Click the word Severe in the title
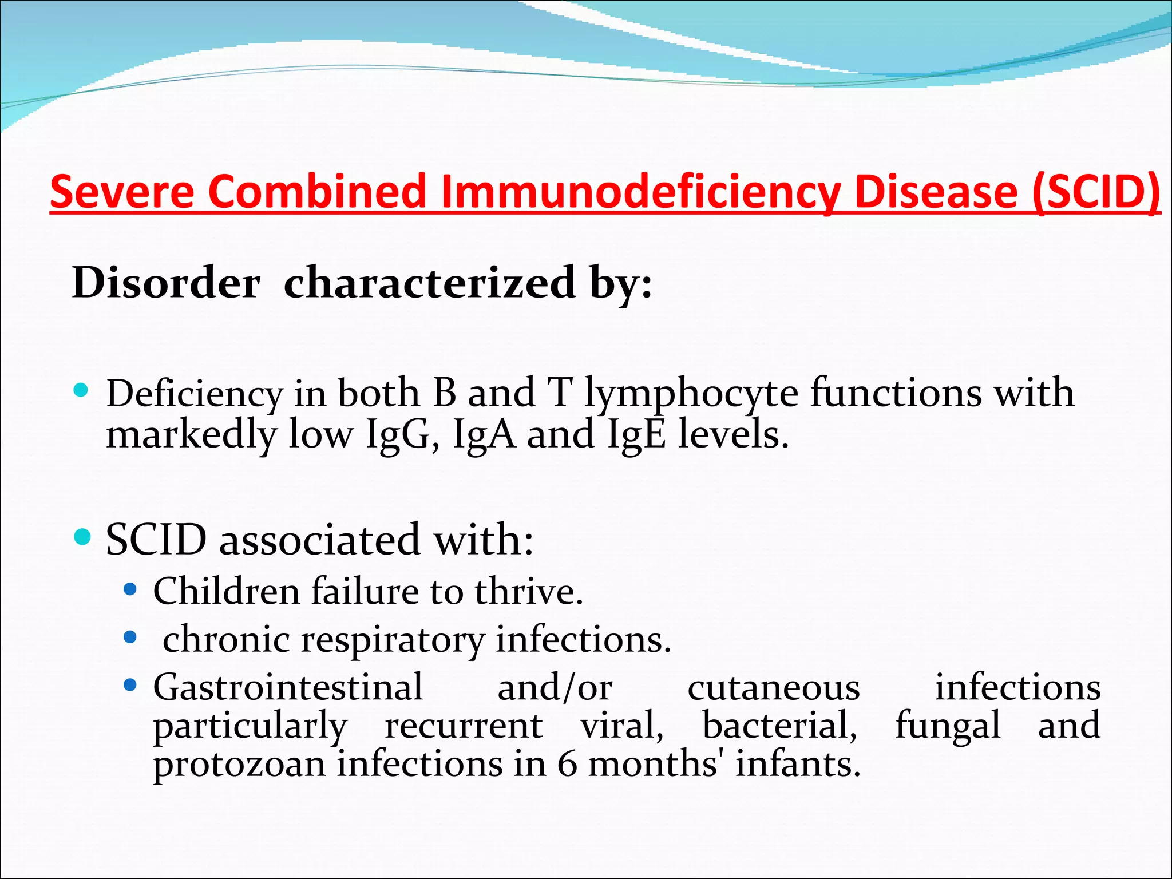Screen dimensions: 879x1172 122,192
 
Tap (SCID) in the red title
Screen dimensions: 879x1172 1096,192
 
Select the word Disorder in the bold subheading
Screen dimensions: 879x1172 166,283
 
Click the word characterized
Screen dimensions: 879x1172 430,283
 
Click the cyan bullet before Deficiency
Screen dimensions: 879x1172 81,391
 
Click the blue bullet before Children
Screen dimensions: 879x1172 130,589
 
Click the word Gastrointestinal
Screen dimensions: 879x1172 288,687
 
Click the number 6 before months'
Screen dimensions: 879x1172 567,764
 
